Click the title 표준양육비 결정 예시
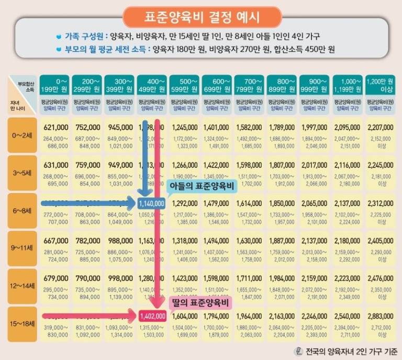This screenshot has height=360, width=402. point(202,17)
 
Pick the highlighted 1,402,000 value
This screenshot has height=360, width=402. point(153,316)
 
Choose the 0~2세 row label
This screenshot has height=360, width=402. point(22,135)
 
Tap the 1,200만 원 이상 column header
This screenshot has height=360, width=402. point(381,85)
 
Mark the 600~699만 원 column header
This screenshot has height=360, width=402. point(217,85)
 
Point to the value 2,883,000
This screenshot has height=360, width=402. point(380,317)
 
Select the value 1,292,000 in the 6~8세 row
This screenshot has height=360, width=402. point(185,203)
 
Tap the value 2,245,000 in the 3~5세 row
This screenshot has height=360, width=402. point(380,165)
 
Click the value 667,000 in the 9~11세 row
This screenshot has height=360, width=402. point(56,241)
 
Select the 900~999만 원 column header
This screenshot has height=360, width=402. point(315,85)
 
